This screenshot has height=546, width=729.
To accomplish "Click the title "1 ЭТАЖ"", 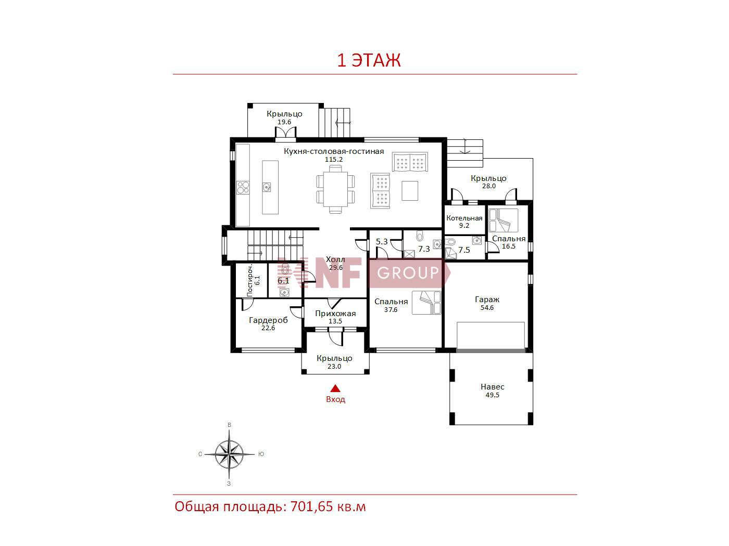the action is tap(369, 60).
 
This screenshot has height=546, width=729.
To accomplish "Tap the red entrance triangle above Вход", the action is tap(335, 388).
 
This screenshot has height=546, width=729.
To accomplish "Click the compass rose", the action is tap(229, 454).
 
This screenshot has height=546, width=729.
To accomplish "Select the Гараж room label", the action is tap(487, 300).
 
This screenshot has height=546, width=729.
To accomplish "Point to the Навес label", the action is tap(492, 386).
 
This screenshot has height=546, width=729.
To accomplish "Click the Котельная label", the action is tap(464, 218).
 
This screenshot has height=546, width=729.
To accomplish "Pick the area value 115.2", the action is tap(333, 160).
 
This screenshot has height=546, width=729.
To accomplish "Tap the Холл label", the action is tap(335, 259).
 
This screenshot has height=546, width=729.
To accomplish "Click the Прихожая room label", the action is tap(335, 314).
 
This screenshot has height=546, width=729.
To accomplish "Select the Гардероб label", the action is tap(268, 320).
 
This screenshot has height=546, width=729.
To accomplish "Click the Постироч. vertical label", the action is tap(250, 280).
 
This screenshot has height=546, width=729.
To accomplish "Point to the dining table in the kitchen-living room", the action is tap(335, 189).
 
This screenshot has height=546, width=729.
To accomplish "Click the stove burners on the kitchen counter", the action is tap(243, 187).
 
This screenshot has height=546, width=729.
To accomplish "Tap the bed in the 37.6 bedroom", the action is tap(426, 302).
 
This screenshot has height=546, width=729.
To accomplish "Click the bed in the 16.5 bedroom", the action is tap(504, 220).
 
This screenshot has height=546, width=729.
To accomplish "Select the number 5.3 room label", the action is tap(382, 242).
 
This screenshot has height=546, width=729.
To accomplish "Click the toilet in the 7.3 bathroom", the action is tap(420, 236).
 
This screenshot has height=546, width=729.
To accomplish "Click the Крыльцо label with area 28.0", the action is tap(488, 178).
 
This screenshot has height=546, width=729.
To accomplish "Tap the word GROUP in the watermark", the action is tap(408, 273).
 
